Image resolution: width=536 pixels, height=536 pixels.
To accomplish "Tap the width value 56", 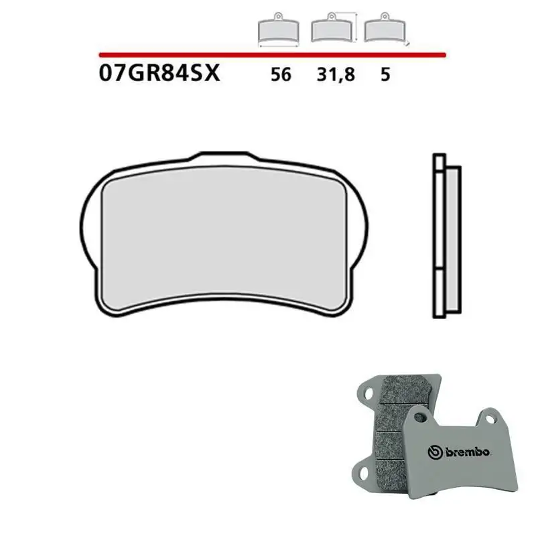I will [x=281, y=75].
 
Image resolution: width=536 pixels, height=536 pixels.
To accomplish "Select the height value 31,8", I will [x=334, y=75].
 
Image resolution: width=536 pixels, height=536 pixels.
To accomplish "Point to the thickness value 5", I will [x=385, y=75].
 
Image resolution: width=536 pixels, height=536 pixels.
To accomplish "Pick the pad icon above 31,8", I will [x=333, y=29].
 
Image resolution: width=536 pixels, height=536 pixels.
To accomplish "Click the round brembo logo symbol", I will [x=435, y=453].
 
